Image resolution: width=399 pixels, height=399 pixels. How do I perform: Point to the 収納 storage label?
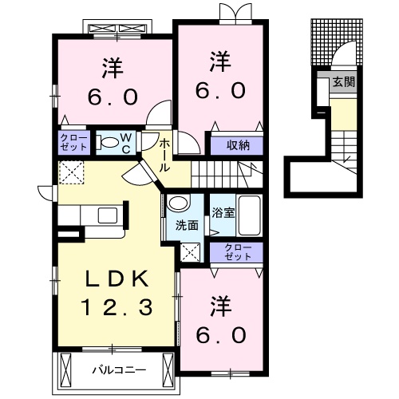[237, 145]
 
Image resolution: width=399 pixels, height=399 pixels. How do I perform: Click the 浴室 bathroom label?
[223, 213]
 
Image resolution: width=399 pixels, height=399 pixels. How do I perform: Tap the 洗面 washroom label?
[188, 226]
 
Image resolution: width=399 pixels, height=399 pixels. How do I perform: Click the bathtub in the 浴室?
[251, 213]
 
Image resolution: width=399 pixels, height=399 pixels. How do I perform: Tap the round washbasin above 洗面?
[179, 203]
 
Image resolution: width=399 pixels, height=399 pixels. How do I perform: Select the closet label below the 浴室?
[238, 252]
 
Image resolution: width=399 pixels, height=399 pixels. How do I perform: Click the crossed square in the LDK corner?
[72, 172]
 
